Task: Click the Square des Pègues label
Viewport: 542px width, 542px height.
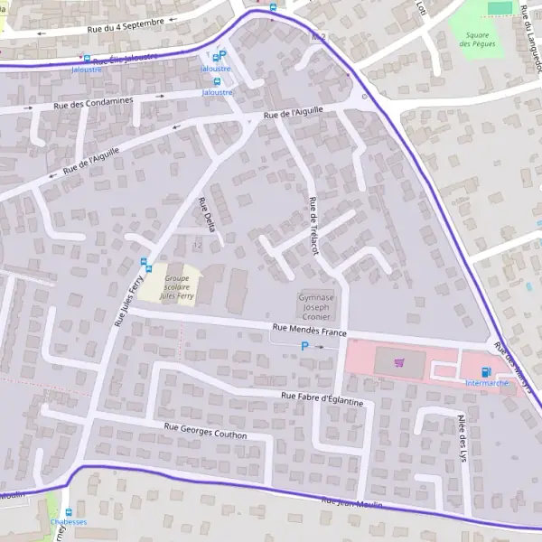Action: (477, 40)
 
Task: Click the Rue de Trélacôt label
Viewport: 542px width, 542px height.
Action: (313, 225)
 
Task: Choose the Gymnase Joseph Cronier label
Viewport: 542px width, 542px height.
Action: (316, 306)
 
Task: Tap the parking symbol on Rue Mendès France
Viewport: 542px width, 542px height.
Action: (304, 346)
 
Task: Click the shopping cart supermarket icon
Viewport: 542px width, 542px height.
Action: (399, 363)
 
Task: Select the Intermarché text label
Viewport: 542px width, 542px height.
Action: (487, 383)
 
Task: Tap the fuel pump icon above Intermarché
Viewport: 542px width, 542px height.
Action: (487, 371)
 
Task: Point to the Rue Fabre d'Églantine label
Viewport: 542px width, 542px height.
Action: (322, 397)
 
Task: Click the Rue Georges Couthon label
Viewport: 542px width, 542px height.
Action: (206, 431)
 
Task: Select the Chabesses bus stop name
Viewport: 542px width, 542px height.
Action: (69, 522)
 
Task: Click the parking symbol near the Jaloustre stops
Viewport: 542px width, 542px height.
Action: (223, 55)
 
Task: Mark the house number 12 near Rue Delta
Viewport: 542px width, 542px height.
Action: (197, 245)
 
